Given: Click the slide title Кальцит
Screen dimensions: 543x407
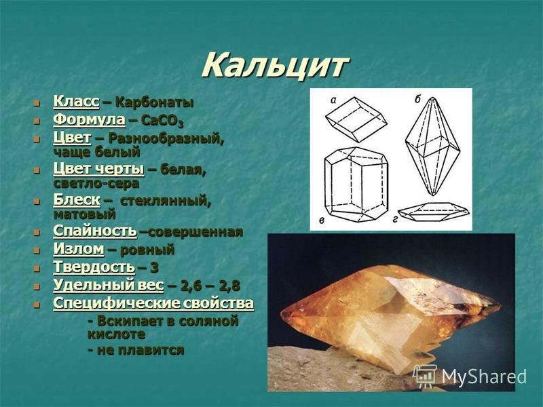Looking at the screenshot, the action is pos(275,65).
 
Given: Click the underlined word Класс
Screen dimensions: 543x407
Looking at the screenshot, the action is pos(76,101).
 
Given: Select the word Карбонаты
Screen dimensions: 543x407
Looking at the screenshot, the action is pos(155,102).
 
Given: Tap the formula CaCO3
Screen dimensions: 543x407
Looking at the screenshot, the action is pos(162,121).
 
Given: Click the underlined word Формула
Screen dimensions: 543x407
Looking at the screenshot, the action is pos(89,119).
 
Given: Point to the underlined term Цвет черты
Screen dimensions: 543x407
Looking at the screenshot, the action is pos(98,169).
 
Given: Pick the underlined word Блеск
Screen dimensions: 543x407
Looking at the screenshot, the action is pos(77,200).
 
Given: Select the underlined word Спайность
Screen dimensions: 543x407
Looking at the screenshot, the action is pos(95,231).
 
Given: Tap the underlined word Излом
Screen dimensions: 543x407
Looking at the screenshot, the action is pos(79,249).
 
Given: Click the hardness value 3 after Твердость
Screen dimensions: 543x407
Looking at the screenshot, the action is pos(155,267).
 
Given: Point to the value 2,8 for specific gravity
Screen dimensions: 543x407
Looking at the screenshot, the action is pos(229,286).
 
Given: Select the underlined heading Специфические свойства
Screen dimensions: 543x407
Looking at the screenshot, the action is pos(153,303).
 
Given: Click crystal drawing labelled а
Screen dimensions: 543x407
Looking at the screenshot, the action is pos(356,119).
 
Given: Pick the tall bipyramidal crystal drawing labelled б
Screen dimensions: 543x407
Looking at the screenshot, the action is pos(432,146).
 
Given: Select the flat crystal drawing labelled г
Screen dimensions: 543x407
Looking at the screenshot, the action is pos(434,211).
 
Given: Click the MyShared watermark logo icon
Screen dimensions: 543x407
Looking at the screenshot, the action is pos(425,376).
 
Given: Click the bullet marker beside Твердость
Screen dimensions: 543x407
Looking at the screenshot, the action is pos(37,268).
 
